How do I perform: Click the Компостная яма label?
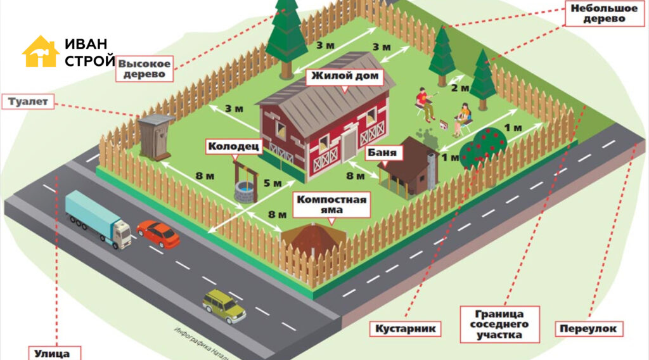click(332, 205)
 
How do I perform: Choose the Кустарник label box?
click(406, 328)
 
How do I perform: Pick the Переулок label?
click(589, 329)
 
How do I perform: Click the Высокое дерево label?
click(145, 69)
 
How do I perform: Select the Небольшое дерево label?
click(598, 14)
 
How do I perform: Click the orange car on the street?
click(158, 234)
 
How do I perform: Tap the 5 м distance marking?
click(272, 184)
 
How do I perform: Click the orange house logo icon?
click(41, 51)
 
